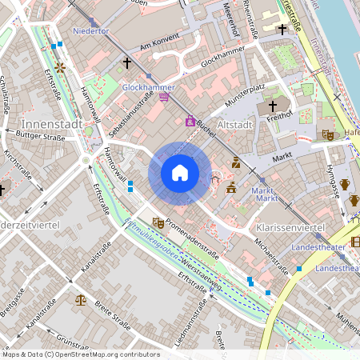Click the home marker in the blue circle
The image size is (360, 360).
[180, 172]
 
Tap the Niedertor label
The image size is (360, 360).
[90, 32]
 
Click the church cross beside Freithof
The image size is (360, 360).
[272, 106]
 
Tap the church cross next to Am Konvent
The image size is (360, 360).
[126, 62]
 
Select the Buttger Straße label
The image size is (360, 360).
[40, 138]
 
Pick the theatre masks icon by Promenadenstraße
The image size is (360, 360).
[158, 222]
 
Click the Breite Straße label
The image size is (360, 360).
[112, 316]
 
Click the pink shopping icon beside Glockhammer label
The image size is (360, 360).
[164, 97]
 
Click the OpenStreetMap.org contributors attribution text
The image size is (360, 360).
[104, 354]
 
